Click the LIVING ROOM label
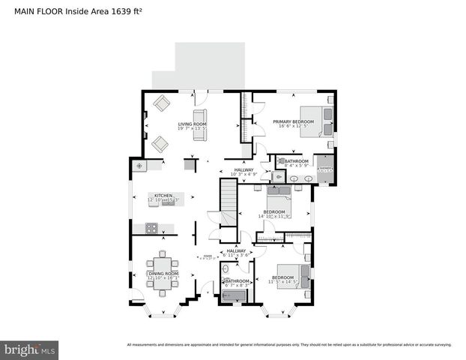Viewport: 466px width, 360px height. tap(192, 124)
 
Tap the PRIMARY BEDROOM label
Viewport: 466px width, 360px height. tap(293, 121)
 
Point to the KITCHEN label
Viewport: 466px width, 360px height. tap(163, 195)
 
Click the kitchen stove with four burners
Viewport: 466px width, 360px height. tap(151, 228)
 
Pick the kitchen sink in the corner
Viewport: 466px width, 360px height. tap(139, 166)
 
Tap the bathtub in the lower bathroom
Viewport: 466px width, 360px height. tap(234, 297)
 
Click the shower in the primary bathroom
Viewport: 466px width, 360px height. tap(324, 169)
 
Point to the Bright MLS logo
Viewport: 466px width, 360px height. tap(30, 349)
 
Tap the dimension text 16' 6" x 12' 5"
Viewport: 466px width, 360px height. tap(293, 127)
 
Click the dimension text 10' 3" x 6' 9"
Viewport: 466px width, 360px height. tap(244, 175)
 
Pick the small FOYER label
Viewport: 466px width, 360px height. tap(208, 256)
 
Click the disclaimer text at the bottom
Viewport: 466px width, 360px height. tap(289, 345)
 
